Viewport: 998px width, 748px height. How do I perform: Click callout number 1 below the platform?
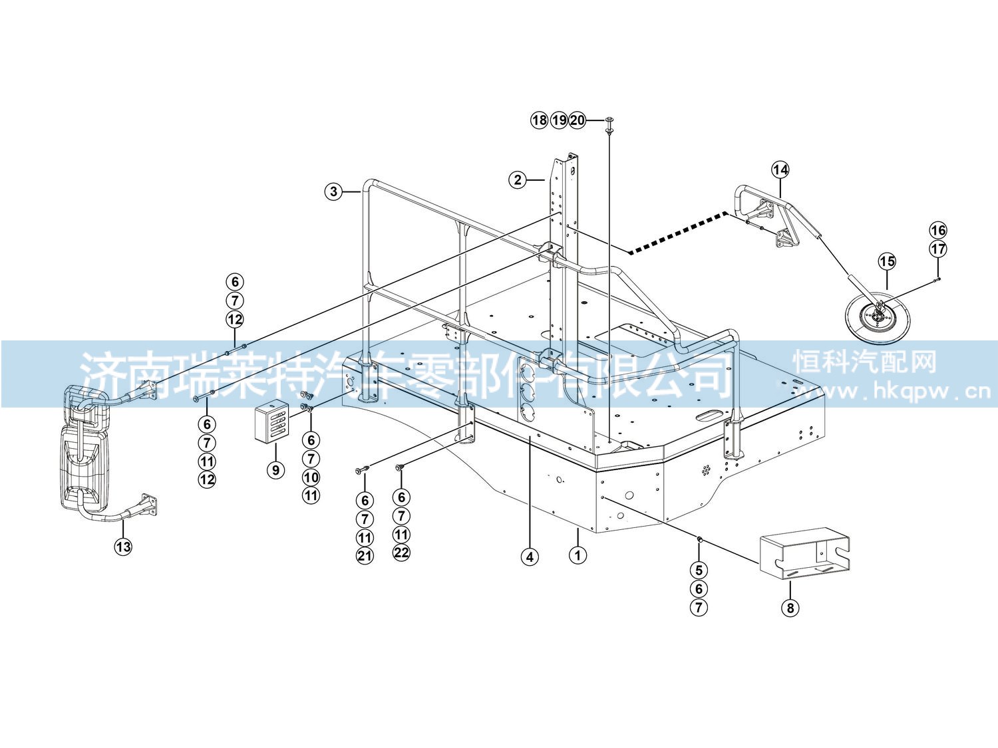578,555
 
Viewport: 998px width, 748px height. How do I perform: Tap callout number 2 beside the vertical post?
518,180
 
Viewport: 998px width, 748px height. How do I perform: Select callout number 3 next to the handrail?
334,191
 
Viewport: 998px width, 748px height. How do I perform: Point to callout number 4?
530,557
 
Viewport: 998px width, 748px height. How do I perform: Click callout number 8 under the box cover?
790,608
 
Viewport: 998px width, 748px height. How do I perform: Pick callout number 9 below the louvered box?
275,469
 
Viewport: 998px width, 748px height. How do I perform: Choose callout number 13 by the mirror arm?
123,547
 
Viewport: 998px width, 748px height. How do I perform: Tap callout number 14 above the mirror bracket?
780,170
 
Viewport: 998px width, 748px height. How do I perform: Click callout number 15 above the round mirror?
887,261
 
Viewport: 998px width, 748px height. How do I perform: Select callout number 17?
938,249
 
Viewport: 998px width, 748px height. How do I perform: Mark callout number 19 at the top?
559,120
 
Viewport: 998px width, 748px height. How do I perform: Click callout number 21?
365,556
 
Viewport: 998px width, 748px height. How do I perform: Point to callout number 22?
401,553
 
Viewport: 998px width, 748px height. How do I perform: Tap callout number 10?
311,477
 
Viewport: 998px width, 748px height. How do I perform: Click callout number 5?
699,570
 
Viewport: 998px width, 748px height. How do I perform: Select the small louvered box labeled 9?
272,422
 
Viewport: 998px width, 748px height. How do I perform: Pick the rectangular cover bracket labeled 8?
805,553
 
